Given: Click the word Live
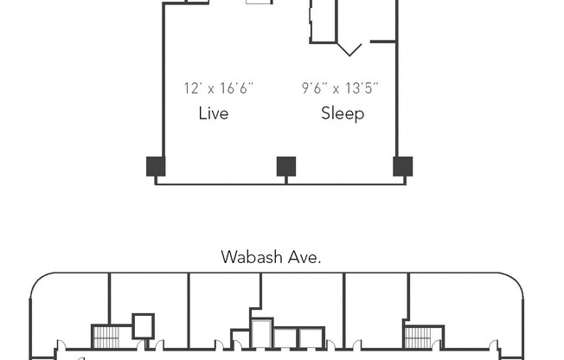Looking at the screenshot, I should point(213,113).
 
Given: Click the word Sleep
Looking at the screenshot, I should point(343,113).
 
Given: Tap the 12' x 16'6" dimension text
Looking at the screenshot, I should point(218,88).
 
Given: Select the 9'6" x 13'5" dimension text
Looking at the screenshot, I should point(340,88).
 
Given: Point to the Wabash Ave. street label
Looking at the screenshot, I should point(272,257).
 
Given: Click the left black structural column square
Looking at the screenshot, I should point(155,166).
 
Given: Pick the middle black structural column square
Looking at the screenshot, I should point(285,166).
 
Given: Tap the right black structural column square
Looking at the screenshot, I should point(402,166).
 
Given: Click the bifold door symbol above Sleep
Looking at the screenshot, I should point(349,48).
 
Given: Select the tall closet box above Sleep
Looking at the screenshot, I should point(323,21).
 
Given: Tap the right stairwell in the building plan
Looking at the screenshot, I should point(417,336).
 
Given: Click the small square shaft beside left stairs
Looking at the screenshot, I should point(143,325).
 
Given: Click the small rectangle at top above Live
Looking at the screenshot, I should point(258,3).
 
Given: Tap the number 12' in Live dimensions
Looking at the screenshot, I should point(191,88).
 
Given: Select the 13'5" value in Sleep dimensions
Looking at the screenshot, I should point(361,88).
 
